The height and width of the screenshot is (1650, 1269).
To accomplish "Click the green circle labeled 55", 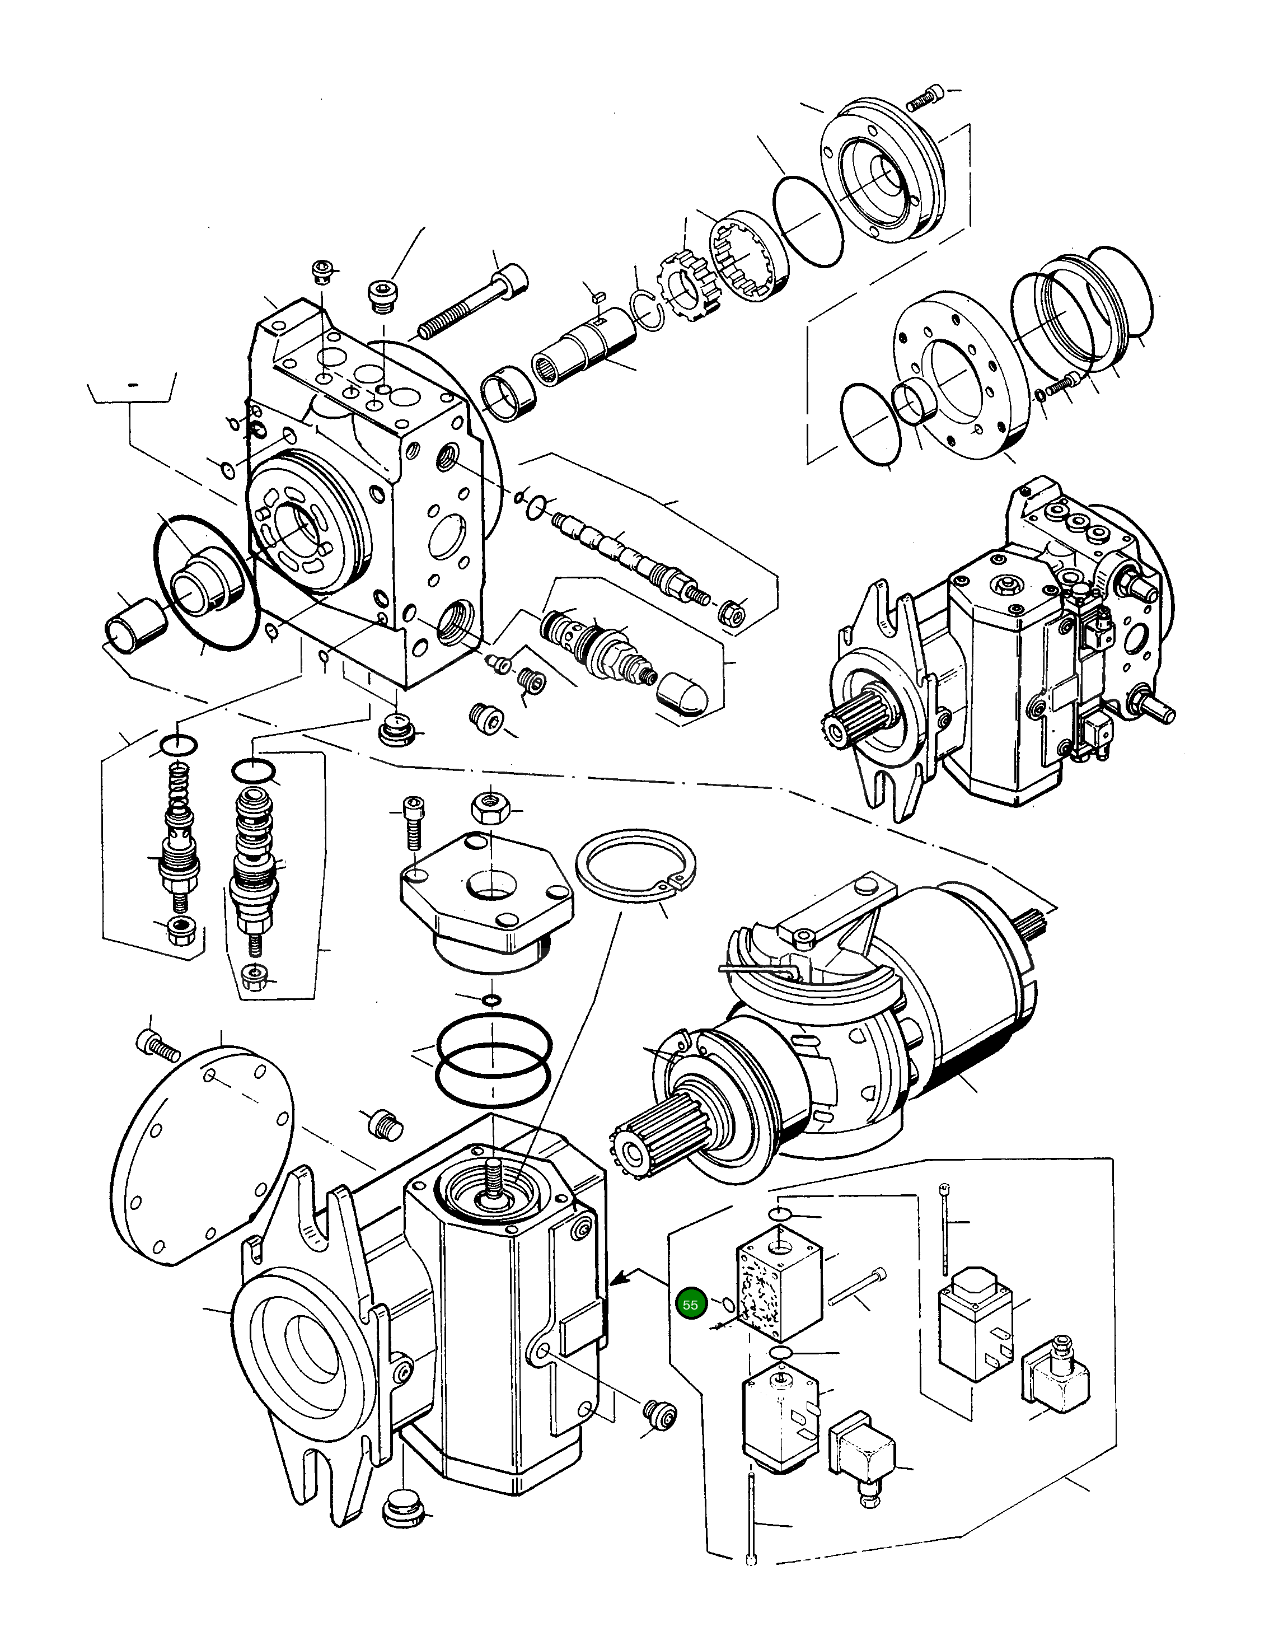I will pyautogui.click(x=690, y=1305).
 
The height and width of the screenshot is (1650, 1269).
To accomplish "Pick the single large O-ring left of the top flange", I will pyautogui.click(x=808, y=221).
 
